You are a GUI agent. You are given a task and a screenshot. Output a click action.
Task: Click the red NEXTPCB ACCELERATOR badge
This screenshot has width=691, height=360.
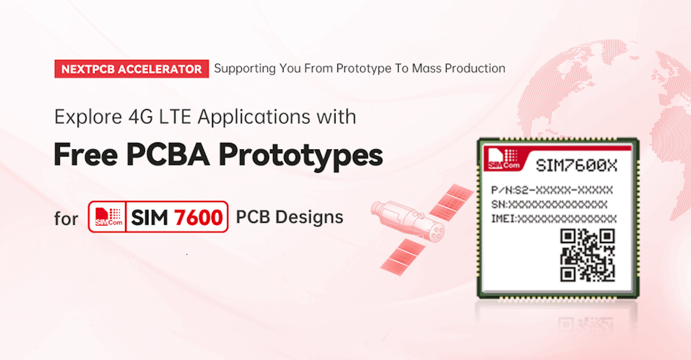[x=132, y=69]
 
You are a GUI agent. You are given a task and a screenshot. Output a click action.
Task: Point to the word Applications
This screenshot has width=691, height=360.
[x=254, y=118]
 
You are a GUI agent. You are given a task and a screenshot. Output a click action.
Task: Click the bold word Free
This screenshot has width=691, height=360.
[x=86, y=154]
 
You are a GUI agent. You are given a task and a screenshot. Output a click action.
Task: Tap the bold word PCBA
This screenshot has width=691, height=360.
[x=168, y=154]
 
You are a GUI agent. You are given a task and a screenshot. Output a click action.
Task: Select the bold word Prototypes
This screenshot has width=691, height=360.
[x=301, y=156]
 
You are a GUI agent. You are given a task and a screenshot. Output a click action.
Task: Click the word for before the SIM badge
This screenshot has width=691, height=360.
[x=66, y=218]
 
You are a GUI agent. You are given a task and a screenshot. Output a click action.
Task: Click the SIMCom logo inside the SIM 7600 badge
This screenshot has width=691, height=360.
[x=108, y=217]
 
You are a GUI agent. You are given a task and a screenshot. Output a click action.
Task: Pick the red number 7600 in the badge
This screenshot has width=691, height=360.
[x=198, y=218]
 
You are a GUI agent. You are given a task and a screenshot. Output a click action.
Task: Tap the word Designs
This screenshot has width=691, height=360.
[x=309, y=217]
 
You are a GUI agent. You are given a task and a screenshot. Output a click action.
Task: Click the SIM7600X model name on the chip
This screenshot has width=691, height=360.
[x=576, y=166]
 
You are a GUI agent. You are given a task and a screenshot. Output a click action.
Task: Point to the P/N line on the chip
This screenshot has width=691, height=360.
[x=552, y=190]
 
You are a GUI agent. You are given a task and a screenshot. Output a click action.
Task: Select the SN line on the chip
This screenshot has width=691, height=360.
[x=549, y=204]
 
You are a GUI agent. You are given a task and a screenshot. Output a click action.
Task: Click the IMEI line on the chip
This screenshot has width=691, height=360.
[x=554, y=219]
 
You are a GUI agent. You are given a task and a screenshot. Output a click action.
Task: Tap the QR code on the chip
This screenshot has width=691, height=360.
[x=587, y=255]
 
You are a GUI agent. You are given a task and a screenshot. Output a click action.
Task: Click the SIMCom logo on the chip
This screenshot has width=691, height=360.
[x=504, y=159]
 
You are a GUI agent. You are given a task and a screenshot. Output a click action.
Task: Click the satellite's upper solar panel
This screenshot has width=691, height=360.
[x=451, y=202]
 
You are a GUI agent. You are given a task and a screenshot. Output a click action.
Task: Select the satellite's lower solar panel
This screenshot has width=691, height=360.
[x=403, y=257]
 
